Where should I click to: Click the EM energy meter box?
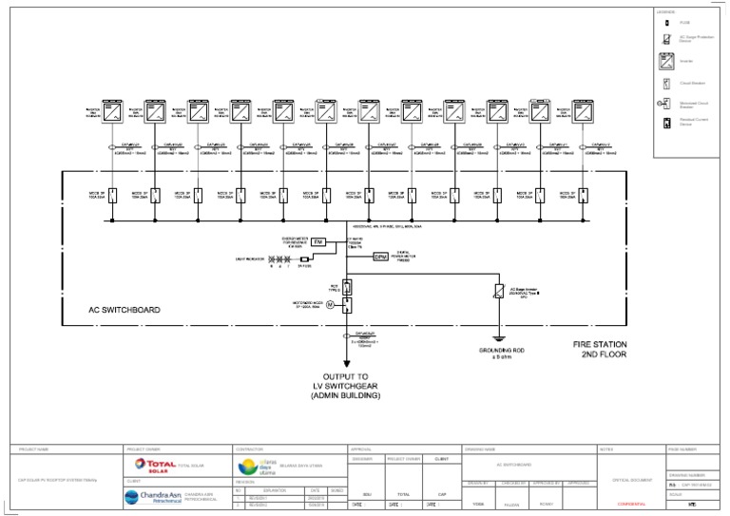[319, 243]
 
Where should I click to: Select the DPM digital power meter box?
[380, 257]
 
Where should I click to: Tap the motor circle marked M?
[331, 305]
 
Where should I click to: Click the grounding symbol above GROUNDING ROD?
[496, 338]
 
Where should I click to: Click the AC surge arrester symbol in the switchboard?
[498, 292]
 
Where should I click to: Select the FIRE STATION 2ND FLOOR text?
[600, 349]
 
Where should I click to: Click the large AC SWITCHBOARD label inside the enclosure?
[124, 310]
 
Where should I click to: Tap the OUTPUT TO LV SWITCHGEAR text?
[345, 385]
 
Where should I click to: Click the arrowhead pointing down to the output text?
[347, 362]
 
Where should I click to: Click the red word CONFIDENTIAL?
[631, 505]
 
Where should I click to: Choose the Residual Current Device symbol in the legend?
[666, 123]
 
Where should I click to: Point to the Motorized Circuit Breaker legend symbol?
[666, 104]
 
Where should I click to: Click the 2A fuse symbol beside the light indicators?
[304, 258]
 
